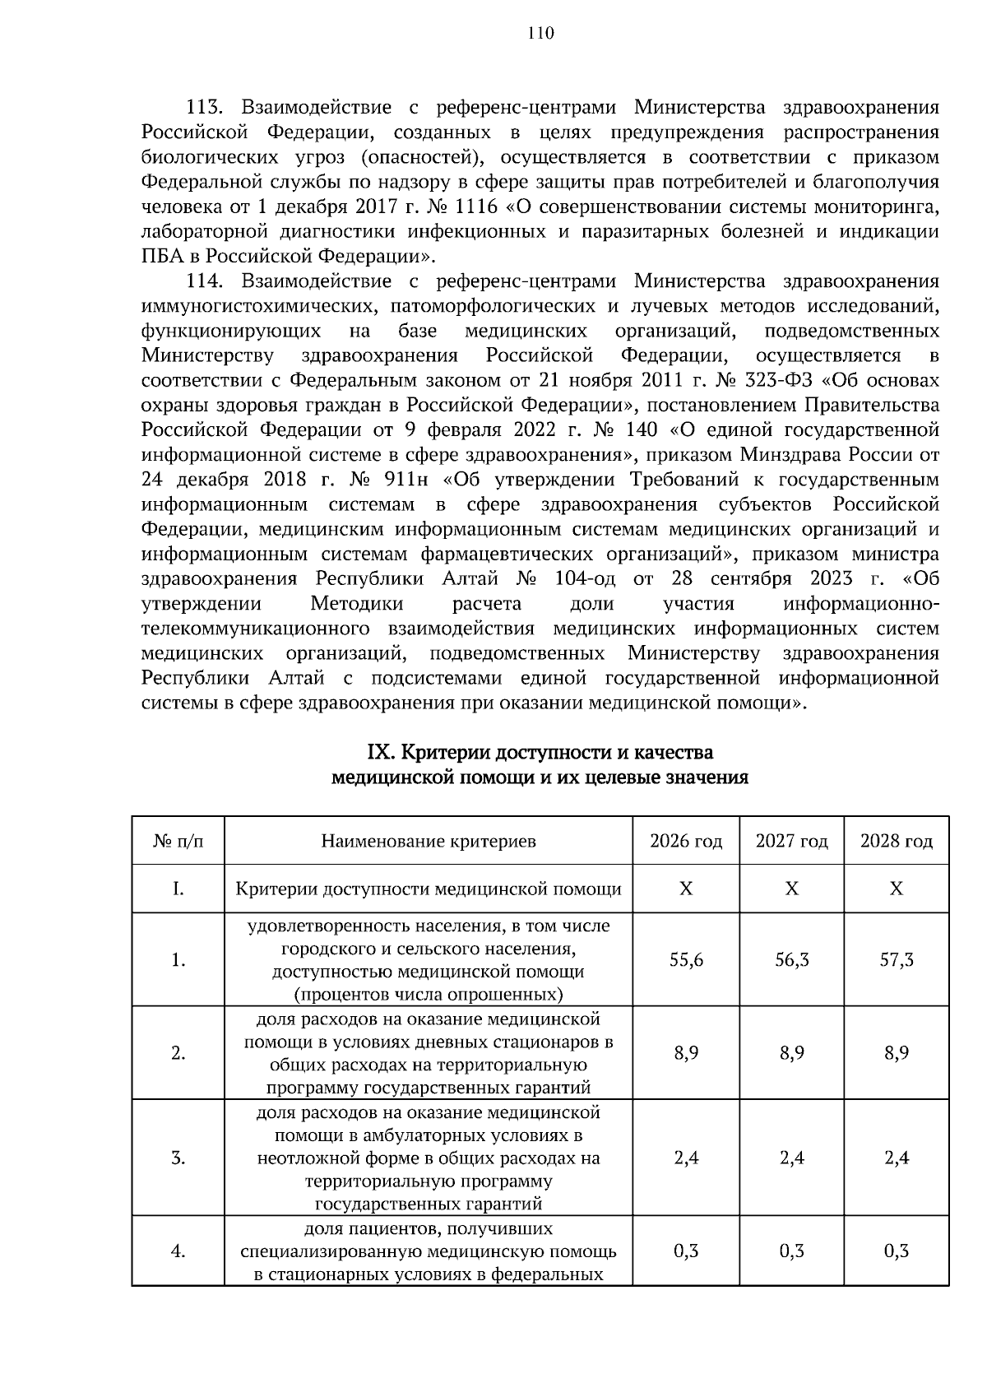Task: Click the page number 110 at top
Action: pos(542,34)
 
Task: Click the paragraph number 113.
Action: pos(206,108)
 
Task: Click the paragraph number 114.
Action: pos(206,281)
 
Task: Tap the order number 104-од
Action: pos(586,579)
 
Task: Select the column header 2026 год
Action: pos(686,842)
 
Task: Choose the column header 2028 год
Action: pos(897,842)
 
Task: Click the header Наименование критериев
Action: pos(429,842)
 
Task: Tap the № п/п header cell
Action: pos(178,842)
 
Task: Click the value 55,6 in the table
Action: pos(686,960)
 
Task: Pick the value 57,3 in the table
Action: pos(897,960)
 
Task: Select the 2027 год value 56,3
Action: pos(792,960)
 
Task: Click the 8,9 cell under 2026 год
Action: pos(686,1053)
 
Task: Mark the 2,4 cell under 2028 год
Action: pos(897,1158)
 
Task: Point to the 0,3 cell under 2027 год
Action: pos(792,1252)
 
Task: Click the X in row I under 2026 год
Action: pos(686,889)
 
